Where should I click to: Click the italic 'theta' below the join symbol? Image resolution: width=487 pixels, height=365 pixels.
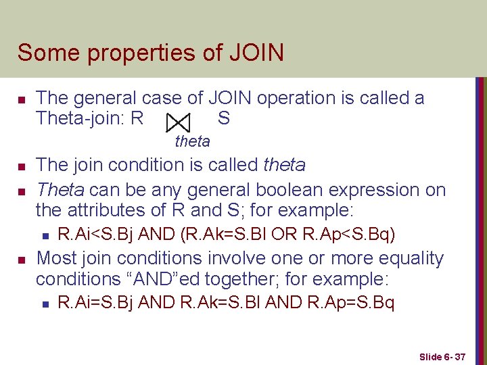tap(192, 141)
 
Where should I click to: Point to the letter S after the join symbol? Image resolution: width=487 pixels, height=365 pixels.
tap(224, 119)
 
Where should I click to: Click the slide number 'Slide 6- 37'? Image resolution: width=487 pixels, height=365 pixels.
tap(442, 356)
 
